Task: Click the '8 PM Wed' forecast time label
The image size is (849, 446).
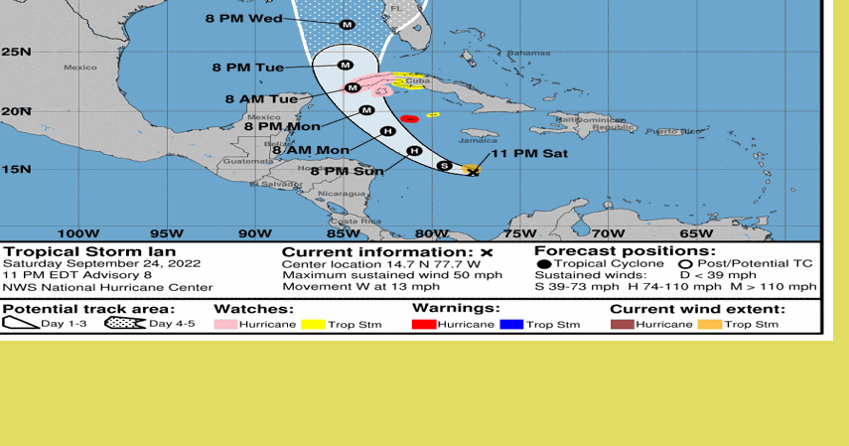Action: (x=243, y=18)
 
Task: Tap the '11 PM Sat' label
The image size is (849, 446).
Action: (x=529, y=153)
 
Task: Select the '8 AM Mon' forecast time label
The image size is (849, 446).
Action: (x=310, y=150)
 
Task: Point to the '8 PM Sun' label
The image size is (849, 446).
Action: (x=347, y=171)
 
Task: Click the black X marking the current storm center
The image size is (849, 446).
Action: (x=474, y=172)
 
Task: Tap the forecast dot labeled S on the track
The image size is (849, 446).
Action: (x=445, y=165)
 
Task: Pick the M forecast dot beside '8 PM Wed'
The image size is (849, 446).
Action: (x=347, y=24)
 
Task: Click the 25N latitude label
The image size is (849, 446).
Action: (x=17, y=51)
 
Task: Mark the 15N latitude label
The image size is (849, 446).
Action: (x=17, y=169)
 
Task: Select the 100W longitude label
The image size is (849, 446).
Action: (x=77, y=233)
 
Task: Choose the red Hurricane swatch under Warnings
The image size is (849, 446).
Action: (x=423, y=325)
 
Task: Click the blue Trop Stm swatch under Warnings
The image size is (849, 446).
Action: (x=511, y=325)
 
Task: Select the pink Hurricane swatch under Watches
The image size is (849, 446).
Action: (x=224, y=325)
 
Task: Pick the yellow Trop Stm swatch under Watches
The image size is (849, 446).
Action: (x=314, y=325)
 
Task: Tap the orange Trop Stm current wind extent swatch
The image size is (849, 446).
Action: (x=709, y=325)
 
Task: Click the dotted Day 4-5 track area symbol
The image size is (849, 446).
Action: (x=124, y=324)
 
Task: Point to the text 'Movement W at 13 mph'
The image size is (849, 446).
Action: (x=354, y=287)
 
